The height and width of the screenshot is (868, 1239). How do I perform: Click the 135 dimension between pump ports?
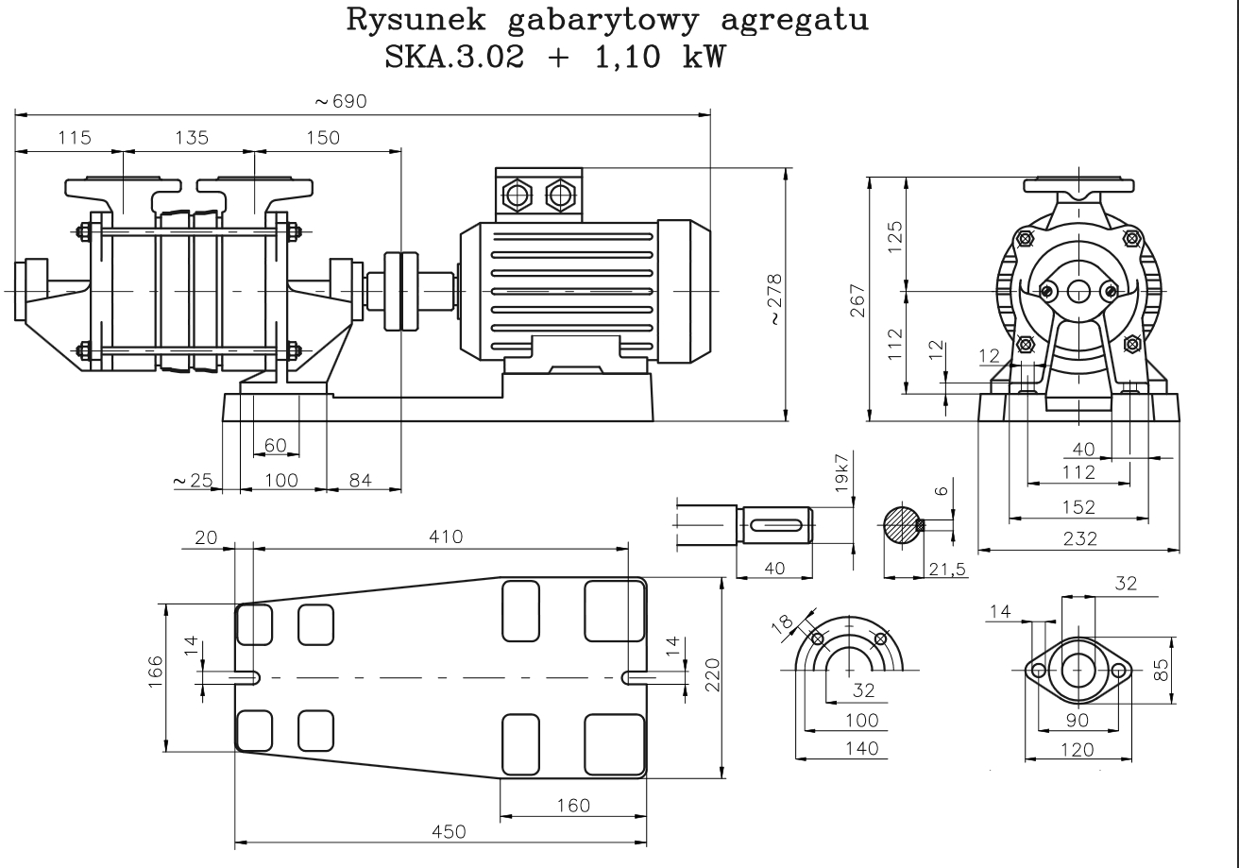pos(190,138)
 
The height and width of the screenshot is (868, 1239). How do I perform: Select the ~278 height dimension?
pos(774,299)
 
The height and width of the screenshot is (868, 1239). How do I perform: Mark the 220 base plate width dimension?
pos(714,676)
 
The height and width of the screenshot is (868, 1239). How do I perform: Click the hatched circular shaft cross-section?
pos(902,525)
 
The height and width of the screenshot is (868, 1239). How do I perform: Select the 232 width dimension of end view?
pos(1078,537)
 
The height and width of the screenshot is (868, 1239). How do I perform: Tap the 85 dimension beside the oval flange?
pos(1163,669)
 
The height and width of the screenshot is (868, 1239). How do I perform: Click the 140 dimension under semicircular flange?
pos(858,748)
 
